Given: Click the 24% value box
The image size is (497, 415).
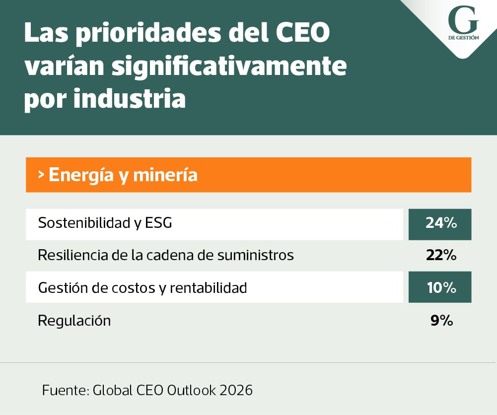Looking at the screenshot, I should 440,223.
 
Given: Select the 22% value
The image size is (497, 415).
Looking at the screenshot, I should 441,255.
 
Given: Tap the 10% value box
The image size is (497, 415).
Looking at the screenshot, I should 440,287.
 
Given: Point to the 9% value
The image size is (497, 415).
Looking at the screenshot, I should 441,321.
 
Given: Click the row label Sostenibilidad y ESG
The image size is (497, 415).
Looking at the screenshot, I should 105,223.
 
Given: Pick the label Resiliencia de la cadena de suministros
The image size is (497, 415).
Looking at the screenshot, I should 166,255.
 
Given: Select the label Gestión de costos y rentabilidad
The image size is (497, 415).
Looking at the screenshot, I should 142,287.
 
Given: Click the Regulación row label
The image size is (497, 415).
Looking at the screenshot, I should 74,321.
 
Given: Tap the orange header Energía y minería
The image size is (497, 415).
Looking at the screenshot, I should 123,175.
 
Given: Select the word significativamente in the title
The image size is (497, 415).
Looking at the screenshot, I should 228,66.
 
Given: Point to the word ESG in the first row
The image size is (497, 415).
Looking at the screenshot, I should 158,223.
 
